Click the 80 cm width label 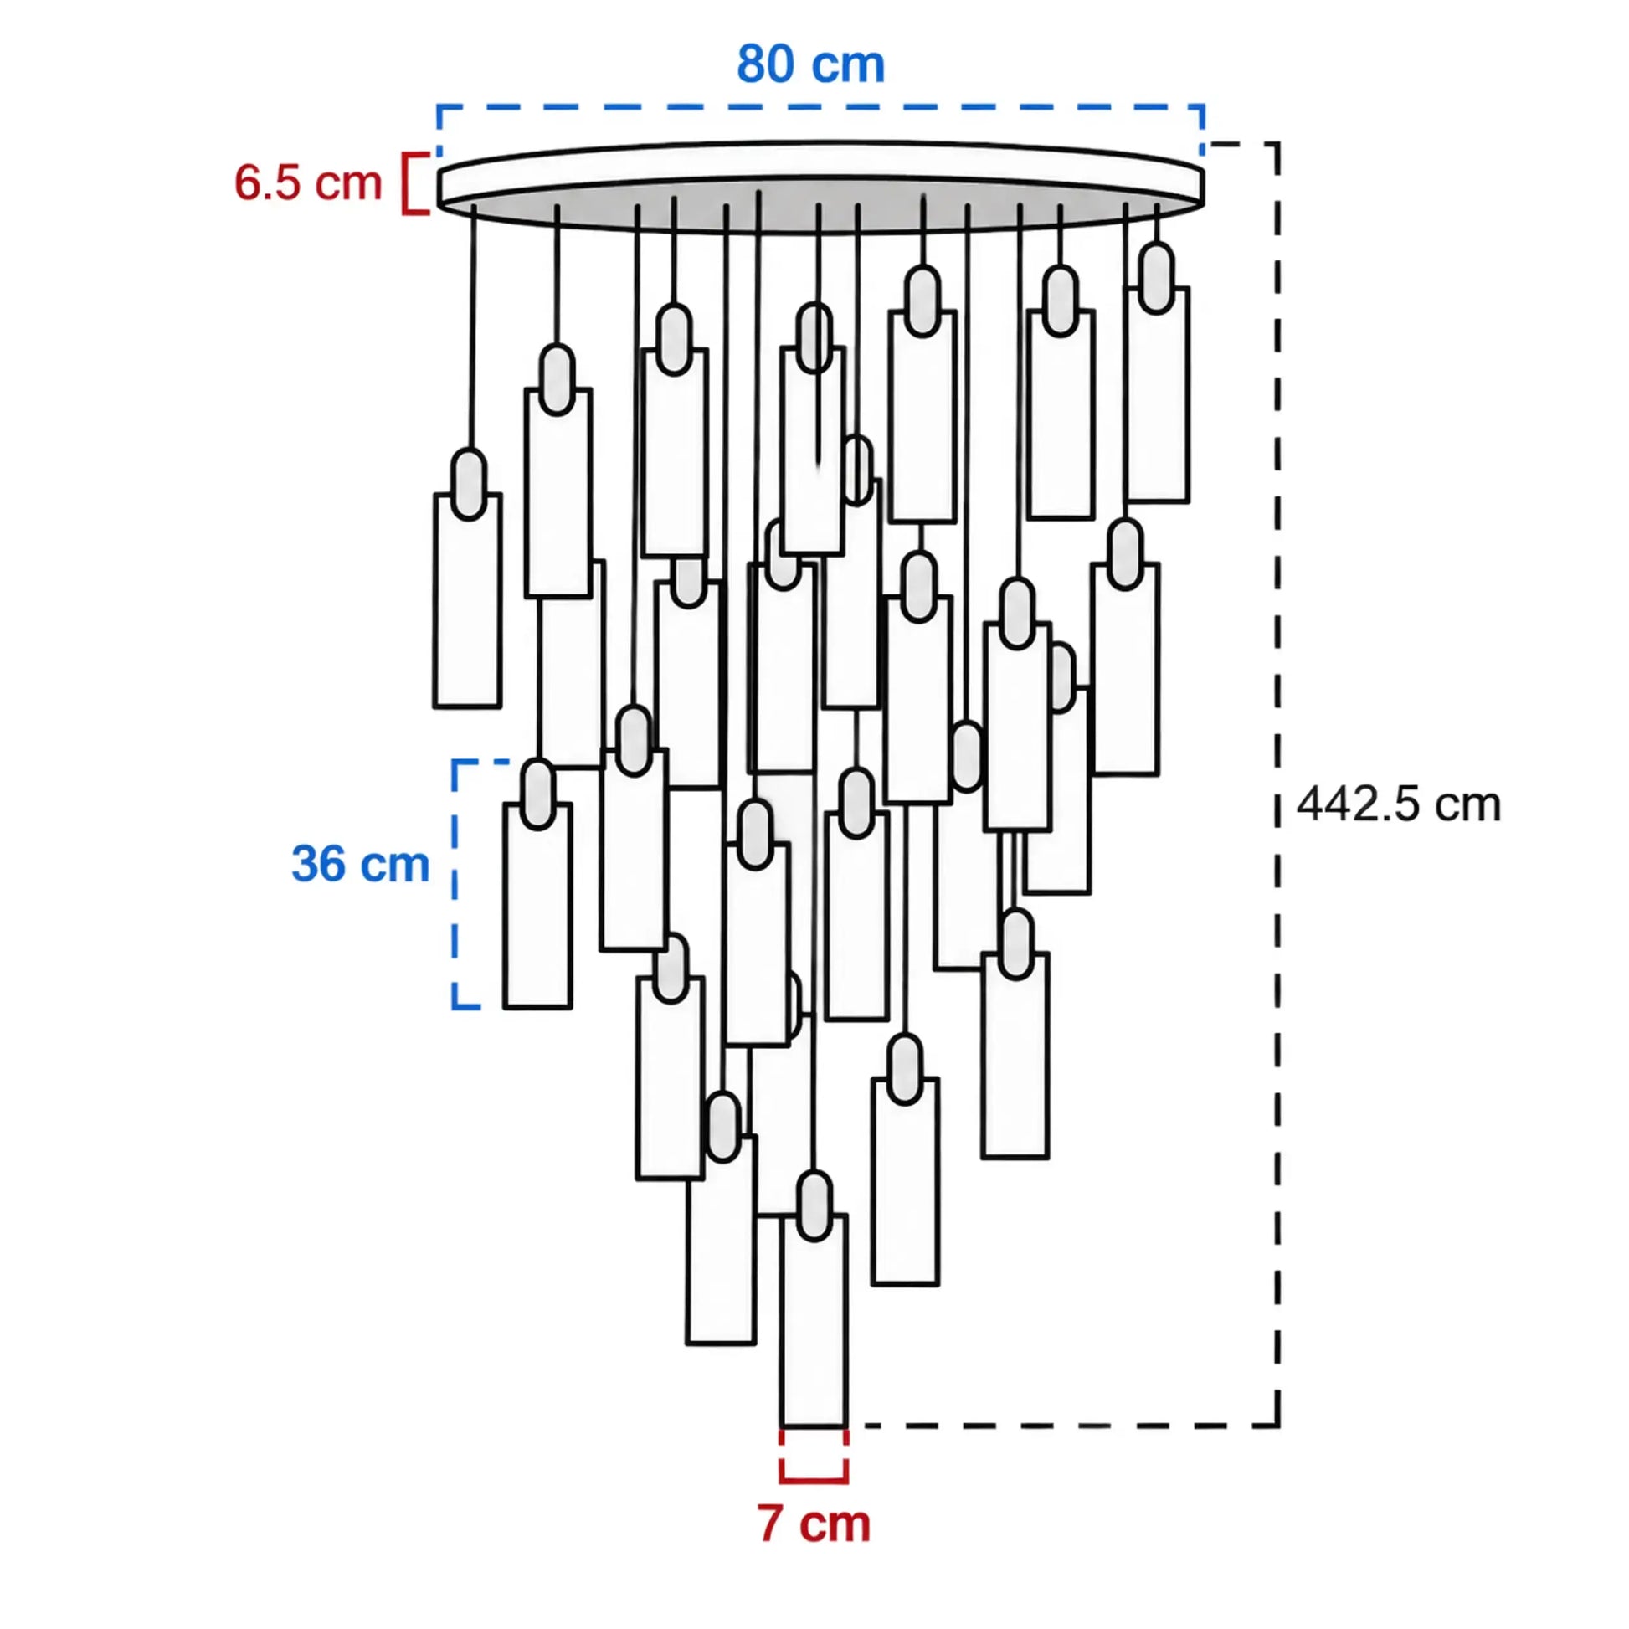tap(810, 64)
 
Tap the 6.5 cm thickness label tap(308, 183)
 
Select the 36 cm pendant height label tap(360, 864)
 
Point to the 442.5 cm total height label tap(1399, 804)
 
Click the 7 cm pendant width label tap(814, 1523)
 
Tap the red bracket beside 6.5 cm tap(415, 183)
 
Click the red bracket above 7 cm tap(814, 1456)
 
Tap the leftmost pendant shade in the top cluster tap(468, 600)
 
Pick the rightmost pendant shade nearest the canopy tap(1157, 394)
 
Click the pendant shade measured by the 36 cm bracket tap(538, 906)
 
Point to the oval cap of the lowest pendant tap(814, 1205)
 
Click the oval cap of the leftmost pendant tap(469, 484)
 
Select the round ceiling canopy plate tap(820, 186)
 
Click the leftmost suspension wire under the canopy tap(473, 327)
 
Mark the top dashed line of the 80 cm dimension tap(820, 107)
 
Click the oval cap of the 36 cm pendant tap(538, 794)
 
